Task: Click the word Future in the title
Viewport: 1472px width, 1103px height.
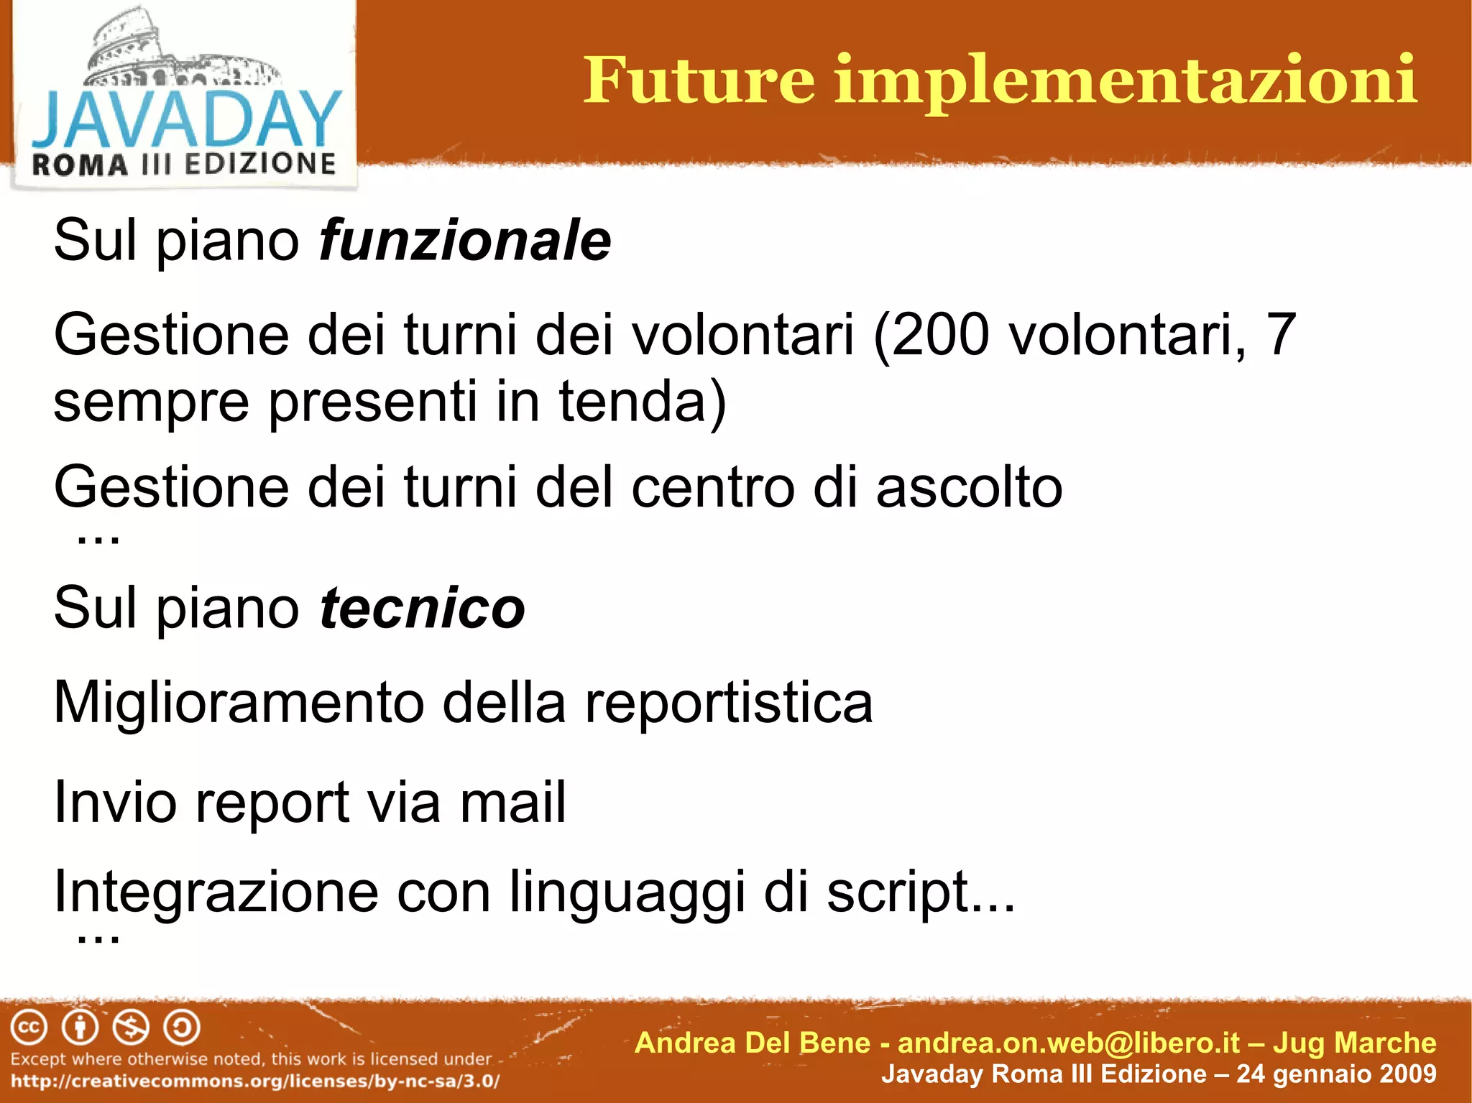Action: (699, 80)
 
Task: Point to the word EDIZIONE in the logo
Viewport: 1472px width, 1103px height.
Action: (260, 164)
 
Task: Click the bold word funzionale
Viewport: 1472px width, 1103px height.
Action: (465, 240)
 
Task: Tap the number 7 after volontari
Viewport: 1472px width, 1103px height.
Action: (1282, 335)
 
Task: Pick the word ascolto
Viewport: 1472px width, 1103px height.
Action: (969, 487)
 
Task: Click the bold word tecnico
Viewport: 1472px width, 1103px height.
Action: (422, 608)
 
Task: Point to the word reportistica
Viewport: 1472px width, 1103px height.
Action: (728, 703)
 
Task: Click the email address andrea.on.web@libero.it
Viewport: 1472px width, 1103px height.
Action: (1069, 1043)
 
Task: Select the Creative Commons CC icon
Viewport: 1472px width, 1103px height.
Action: (29, 1028)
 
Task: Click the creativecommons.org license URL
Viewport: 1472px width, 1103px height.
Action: (255, 1081)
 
